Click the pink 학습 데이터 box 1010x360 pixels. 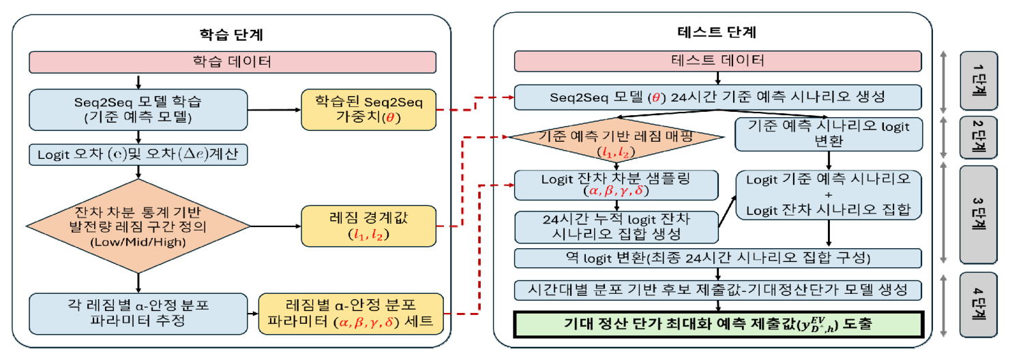pos(232,62)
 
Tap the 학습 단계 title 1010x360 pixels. pos(231,33)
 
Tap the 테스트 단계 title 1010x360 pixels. pos(716,32)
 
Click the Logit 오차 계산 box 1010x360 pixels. pos(138,155)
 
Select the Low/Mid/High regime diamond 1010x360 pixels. pos(138,224)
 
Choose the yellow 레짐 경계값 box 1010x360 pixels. pos(368,226)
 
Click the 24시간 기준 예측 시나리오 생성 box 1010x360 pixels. pos(717,97)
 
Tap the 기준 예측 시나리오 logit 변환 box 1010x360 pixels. pos(829,133)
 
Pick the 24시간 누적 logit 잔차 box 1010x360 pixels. pos(616,226)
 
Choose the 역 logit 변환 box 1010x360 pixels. pos(717,258)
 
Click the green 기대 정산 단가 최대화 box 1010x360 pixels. pos(717,325)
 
